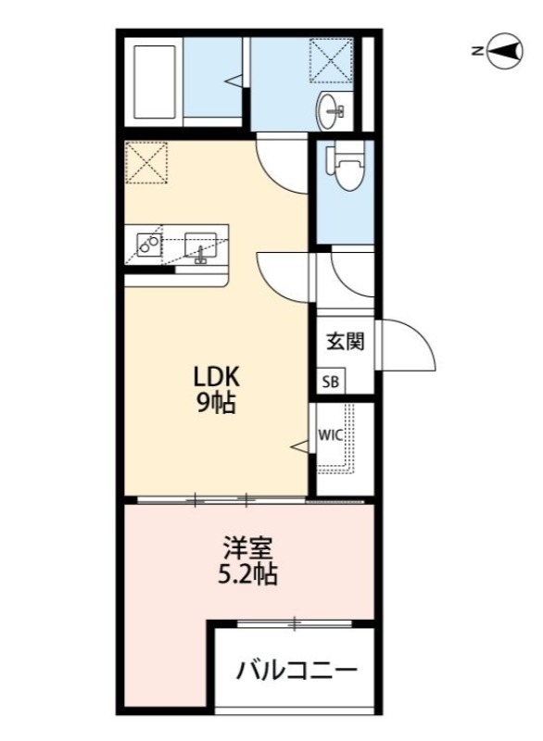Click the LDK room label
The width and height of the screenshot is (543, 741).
217,378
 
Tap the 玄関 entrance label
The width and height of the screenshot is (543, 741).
344,341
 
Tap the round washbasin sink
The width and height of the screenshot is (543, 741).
331,112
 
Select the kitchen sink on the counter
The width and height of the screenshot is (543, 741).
201,246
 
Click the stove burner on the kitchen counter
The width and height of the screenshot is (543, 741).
147,244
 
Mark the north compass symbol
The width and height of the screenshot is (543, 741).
504,51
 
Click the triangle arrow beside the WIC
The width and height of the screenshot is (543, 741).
299,448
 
